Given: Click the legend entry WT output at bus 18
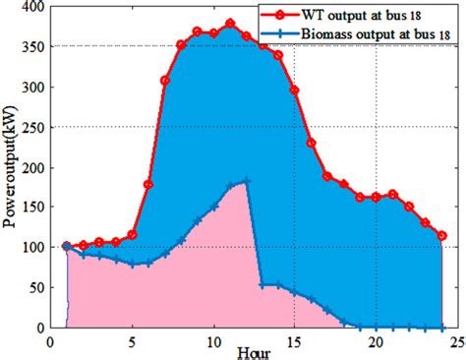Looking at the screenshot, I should coord(371,16).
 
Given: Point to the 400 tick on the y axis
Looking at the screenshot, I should coord(32,6).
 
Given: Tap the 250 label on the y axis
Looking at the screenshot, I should coord(32,127).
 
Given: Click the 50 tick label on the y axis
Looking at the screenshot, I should coord(36,287).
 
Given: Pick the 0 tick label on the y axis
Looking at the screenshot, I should coord(40,328).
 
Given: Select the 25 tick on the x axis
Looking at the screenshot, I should coord(458,341).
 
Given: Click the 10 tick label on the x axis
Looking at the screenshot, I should coord(213,341).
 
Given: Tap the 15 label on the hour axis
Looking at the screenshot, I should coord(295,341).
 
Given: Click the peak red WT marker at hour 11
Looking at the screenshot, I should coord(230,24).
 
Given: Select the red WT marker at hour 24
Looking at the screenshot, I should coord(442,236).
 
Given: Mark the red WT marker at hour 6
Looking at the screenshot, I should coord(148,184).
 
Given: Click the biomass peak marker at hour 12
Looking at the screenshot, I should coord(246,181).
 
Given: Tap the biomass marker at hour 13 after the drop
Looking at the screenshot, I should coord(262,285).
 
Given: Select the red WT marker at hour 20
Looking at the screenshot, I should coord(377,197).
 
